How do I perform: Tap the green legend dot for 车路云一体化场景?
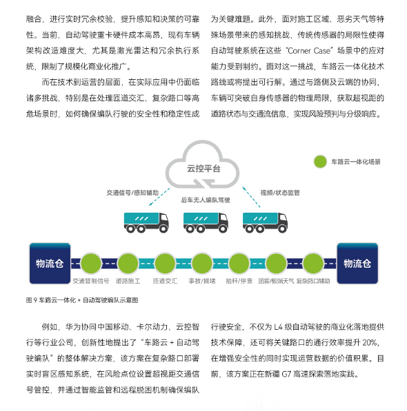click(320, 162)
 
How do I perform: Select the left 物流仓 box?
click(50, 264)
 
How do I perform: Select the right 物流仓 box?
click(357, 264)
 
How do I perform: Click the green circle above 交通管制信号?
click(91, 264)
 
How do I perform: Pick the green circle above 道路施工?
click(128, 264)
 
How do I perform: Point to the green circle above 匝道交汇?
click(165, 264)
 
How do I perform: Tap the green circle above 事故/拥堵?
click(202, 264)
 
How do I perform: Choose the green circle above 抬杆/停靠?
click(239, 264)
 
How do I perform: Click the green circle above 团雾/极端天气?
click(276, 264)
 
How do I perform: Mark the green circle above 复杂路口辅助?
click(313, 264)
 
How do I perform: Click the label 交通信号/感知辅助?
click(132, 193)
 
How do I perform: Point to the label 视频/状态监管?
click(280, 193)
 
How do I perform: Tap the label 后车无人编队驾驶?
click(206, 200)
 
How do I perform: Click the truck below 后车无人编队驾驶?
click(206, 222)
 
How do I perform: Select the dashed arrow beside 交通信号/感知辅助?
click(159, 197)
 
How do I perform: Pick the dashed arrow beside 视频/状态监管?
click(251, 197)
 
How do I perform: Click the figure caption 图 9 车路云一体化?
click(82, 300)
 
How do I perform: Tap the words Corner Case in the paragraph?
click(309, 50)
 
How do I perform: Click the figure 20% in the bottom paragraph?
click(370, 343)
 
